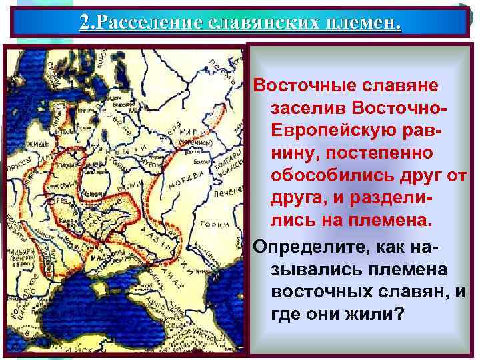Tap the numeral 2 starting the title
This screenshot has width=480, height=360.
(84, 23)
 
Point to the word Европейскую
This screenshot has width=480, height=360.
(326, 130)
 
